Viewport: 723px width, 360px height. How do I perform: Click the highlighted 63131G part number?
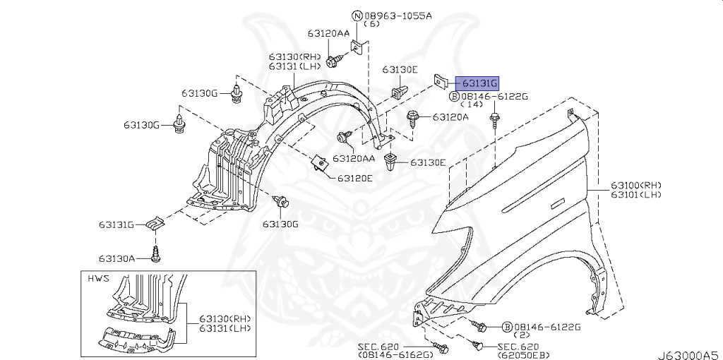477,83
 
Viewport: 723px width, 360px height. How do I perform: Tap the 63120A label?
450,116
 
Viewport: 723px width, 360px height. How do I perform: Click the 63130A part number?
116,258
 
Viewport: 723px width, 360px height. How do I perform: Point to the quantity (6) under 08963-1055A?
371,24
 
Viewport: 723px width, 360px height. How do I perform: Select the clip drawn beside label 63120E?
321,164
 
